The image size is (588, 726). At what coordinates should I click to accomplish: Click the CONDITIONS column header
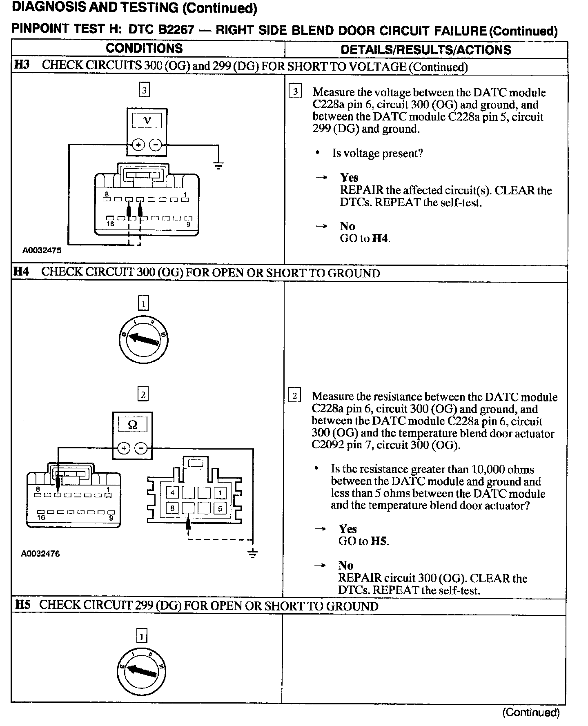pyautogui.click(x=144, y=49)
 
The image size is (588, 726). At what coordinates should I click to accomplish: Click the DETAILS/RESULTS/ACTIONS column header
pyautogui.click(x=425, y=50)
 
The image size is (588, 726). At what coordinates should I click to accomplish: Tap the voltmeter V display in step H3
pyautogui.click(x=147, y=120)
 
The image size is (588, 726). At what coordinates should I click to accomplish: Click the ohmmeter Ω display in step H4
pyautogui.click(x=132, y=425)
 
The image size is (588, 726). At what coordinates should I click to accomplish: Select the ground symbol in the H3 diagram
pyautogui.click(x=219, y=165)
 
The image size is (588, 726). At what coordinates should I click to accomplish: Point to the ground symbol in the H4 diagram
pyautogui.click(x=253, y=554)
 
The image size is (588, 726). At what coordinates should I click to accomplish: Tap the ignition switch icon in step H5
pyautogui.click(x=141, y=672)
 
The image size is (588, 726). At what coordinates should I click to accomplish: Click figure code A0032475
pyautogui.click(x=42, y=250)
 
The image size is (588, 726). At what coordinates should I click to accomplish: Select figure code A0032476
pyautogui.click(x=40, y=554)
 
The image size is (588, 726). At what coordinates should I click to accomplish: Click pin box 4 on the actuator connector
pyautogui.click(x=172, y=492)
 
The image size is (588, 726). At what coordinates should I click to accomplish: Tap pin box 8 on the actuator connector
pyautogui.click(x=172, y=508)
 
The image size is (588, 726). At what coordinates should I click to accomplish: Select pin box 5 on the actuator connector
pyautogui.click(x=220, y=508)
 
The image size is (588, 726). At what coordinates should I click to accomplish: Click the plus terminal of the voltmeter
pyautogui.click(x=139, y=145)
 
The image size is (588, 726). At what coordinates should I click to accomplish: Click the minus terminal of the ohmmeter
pyautogui.click(x=141, y=448)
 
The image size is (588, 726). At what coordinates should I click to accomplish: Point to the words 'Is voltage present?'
pyautogui.click(x=377, y=154)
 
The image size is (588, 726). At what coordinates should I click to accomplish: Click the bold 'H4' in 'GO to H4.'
pyautogui.click(x=380, y=238)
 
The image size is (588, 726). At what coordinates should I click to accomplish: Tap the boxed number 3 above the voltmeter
pyautogui.click(x=144, y=90)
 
